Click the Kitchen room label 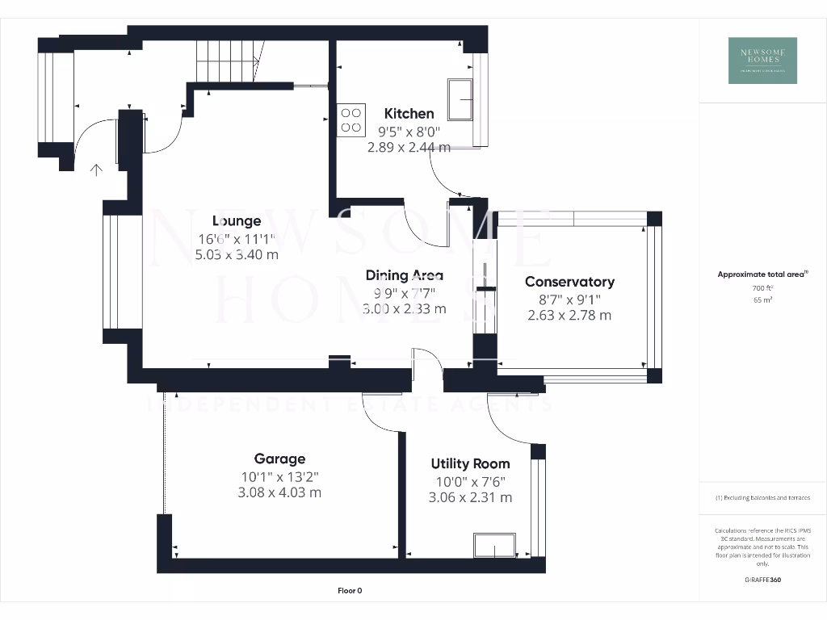[x=409, y=114]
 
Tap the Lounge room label [x=237, y=221]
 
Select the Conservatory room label [x=569, y=282]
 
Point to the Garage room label [x=279, y=459]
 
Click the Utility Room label [x=470, y=463]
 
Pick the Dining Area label [x=404, y=276]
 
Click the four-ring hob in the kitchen [x=351, y=119]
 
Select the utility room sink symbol [x=495, y=546]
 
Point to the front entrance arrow [x=97, y=170]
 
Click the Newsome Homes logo [x=762, y=61]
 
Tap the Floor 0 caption [x=349, y=591]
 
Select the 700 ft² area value [x=762, y=287]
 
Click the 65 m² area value [x=762, y=300]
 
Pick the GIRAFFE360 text [x=762, y=580]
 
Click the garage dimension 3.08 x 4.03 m [x=279, y=492]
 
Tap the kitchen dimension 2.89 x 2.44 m [x=409, y=148]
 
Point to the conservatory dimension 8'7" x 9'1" [x=569, y=299]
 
